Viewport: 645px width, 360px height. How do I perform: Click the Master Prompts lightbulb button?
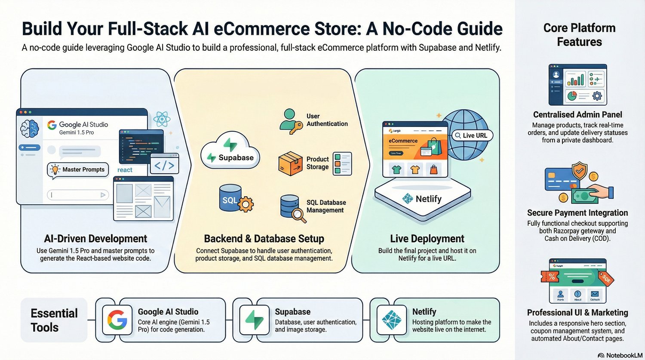click(x=77, y=169)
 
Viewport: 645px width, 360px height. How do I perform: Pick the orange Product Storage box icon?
click(x=290, y=163)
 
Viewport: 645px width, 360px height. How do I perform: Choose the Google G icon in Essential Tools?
click(x=117, y=320)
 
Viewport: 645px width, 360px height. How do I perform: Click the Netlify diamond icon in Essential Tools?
click(x=391, y=320)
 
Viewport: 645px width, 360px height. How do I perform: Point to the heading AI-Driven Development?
click(x=95, y=239)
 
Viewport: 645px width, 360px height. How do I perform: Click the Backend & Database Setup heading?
click(x=264, y=239)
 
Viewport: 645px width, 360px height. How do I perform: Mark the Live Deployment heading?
click(x=427, y=239)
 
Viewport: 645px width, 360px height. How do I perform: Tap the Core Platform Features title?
click(x=579, y=35)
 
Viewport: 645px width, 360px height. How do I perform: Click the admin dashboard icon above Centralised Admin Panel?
click(x=577, y=85)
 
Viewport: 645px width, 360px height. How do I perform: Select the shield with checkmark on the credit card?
click(x=580, y=171)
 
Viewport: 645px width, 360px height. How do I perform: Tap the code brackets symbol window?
click(x=164, y=164)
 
